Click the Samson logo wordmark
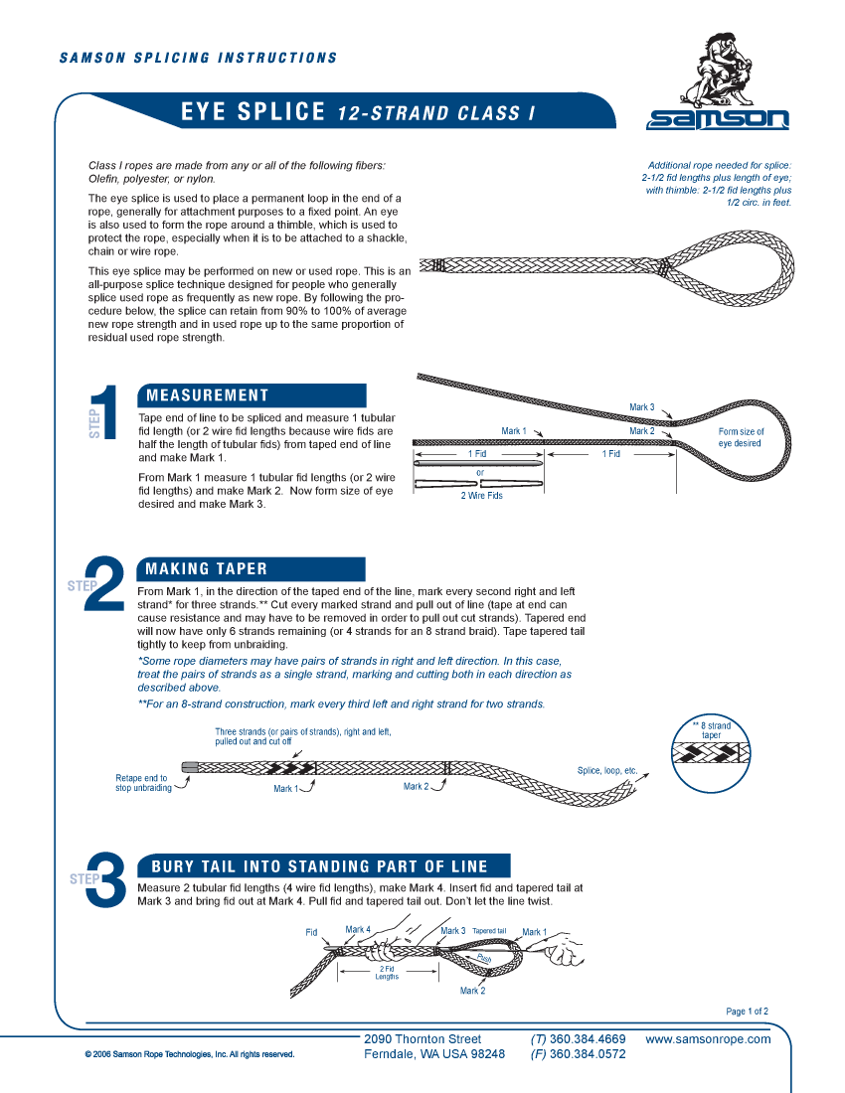(x=718, y=119)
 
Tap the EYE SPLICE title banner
(x=358, y=112)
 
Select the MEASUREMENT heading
(x=208, y=395)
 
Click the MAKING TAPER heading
(x=207, y=569)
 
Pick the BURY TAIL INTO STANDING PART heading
(x=319, y=865)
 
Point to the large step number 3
(x=106, y=880)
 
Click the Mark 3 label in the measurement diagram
(x=641, y=407)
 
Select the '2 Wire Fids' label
(x=481, y=496)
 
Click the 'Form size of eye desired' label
(x=741, y=437)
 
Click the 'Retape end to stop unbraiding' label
(x=141, y=783)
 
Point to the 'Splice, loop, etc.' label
(x=607, y=771)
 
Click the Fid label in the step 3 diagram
(x=311, y=932)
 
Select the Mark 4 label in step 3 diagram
(x=358, y=930)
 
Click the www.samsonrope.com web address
(x=708, y=1039)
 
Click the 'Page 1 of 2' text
(x=747, y=1012)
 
